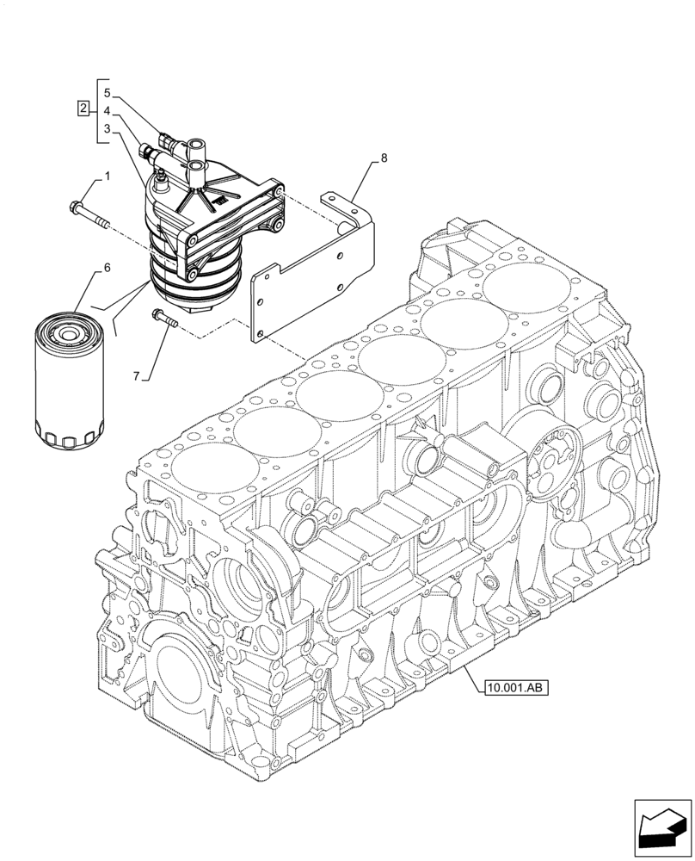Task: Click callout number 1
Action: [108, 177]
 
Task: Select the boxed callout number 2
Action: [83, 108]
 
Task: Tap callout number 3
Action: [107, 129]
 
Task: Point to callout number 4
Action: [107, 110]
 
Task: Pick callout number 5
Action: [107, 91]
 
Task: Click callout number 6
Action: [108, 268]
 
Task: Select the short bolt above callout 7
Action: [164, 318]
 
